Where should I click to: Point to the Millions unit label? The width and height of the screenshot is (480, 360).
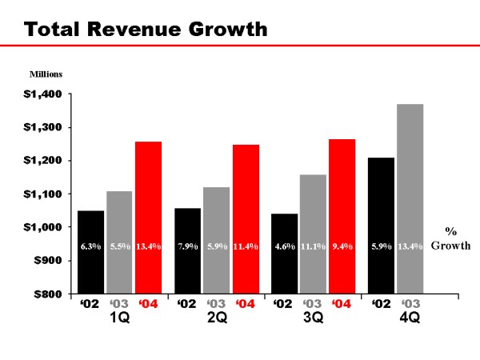point(46,74)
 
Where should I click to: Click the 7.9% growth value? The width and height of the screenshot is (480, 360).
point(188,246)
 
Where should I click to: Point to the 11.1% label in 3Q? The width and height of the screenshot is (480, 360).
point(314,246)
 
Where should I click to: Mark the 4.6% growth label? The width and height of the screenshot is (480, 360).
point(284,246)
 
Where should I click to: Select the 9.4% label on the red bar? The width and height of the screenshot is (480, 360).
point(342,246)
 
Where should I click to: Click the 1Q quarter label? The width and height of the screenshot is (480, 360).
point(120,318)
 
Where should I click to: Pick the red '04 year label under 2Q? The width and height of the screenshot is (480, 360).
point(246,304)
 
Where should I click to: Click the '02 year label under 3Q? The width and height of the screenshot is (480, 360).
point(283,304)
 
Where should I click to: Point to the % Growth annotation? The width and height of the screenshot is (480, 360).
point(451,238)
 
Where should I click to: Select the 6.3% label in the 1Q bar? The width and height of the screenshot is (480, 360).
point(90,246)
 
